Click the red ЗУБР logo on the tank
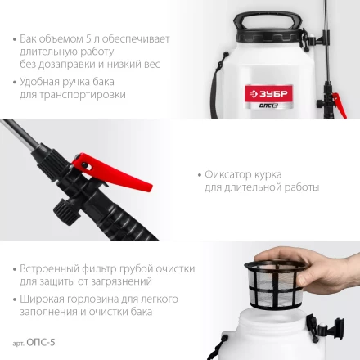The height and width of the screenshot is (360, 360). click(269, 94)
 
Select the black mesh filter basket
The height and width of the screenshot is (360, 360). click(276, 284)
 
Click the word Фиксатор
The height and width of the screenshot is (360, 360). click(228, 175)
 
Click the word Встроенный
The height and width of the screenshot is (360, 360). click(49, 269)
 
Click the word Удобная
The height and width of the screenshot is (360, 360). click(39, 82)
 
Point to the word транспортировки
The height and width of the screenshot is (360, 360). click(83, 96)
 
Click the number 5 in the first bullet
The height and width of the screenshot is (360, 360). click(88, 39)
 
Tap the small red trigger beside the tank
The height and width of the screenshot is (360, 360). click(340, 105)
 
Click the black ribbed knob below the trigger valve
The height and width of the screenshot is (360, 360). click(65, 212)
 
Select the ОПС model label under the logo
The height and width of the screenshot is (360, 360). click(268, 106)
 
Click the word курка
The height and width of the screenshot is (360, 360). click(268, 175)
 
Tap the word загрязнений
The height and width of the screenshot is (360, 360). click(121, 282)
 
